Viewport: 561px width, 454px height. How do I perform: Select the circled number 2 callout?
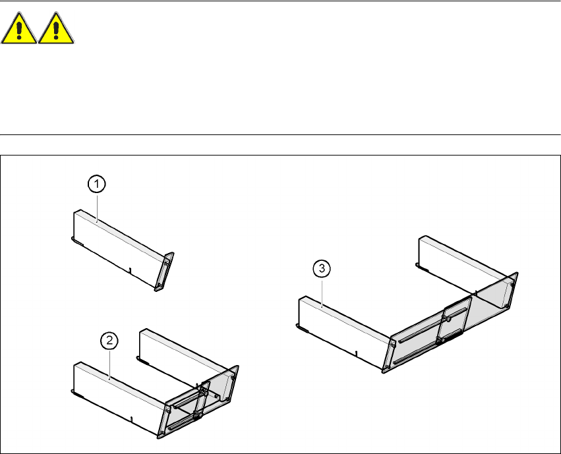pos(109,341)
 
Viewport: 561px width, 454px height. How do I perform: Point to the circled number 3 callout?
pos(321,268)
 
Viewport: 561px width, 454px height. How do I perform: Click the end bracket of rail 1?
pos(165,271)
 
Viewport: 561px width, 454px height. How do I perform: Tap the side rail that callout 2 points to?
pos(112,395)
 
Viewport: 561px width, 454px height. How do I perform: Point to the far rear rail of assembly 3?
pos(461,260)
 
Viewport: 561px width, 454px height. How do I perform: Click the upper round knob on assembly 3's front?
pos(448,318)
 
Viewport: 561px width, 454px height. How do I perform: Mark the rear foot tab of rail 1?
pos(76,242)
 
